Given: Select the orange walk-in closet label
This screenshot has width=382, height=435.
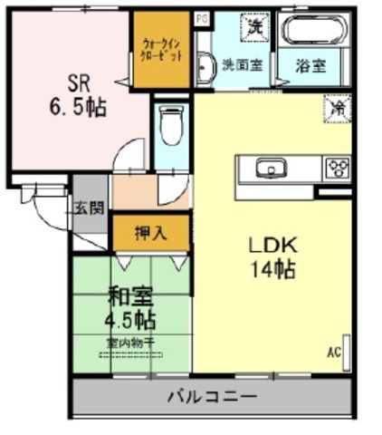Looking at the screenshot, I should coord(163,50).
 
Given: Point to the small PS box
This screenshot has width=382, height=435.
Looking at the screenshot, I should coord(201,17).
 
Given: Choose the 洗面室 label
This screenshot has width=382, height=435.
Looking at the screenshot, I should coord(242,65).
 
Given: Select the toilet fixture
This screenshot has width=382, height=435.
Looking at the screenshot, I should coord(169,124).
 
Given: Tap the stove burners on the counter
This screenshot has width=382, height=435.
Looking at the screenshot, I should coord(338,169).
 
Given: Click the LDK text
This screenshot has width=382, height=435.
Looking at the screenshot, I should coord(271,245).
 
